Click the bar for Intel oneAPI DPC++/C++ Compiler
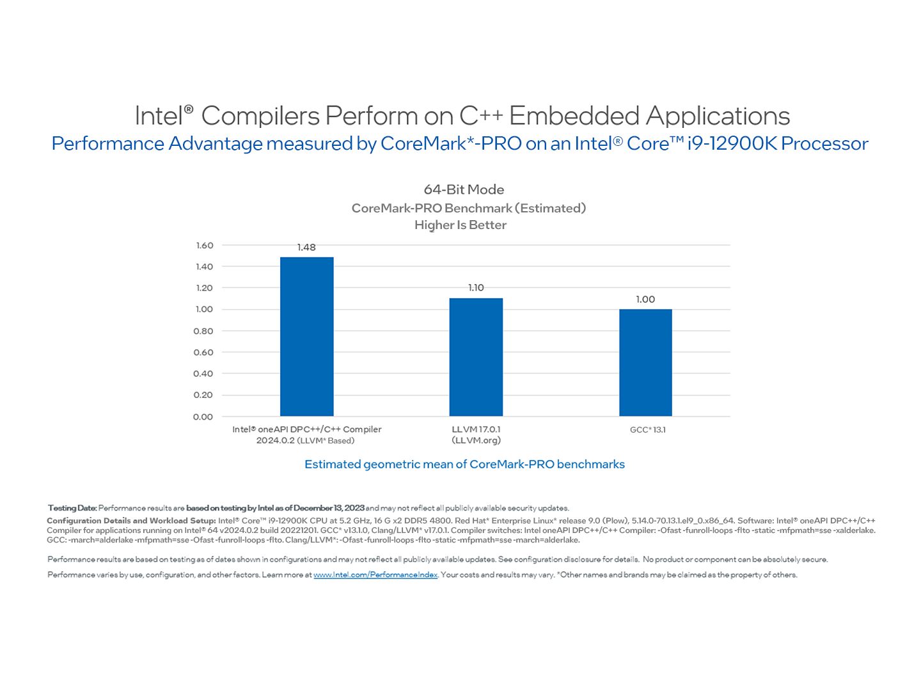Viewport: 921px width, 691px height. [306, 337]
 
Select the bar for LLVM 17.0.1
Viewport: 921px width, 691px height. [476, 357]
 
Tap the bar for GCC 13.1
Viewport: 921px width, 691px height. [645, 363]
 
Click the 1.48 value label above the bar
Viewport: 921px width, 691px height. [306, 248]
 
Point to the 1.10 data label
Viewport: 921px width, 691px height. [476, 288]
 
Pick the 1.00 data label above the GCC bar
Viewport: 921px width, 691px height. [645, 299]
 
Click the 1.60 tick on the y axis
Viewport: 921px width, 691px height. [205, 246]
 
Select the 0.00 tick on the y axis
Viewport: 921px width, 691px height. [203, 417]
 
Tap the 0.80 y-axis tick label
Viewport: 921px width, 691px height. [203, 331]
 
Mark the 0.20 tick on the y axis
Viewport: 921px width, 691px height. [203, 395]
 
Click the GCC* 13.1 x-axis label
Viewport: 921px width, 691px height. [647, 430]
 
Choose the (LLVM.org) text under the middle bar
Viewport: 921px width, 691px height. [476, 441]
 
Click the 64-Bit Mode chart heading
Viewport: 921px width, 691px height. [464, 190]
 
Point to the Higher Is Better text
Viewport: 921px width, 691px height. [460, 225]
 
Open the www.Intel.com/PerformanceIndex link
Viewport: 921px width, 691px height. [375, 575]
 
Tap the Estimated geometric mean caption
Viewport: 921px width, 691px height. [464, 465]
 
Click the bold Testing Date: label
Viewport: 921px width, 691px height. [72, 509]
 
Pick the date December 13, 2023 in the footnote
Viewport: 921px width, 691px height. [329, 509]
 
